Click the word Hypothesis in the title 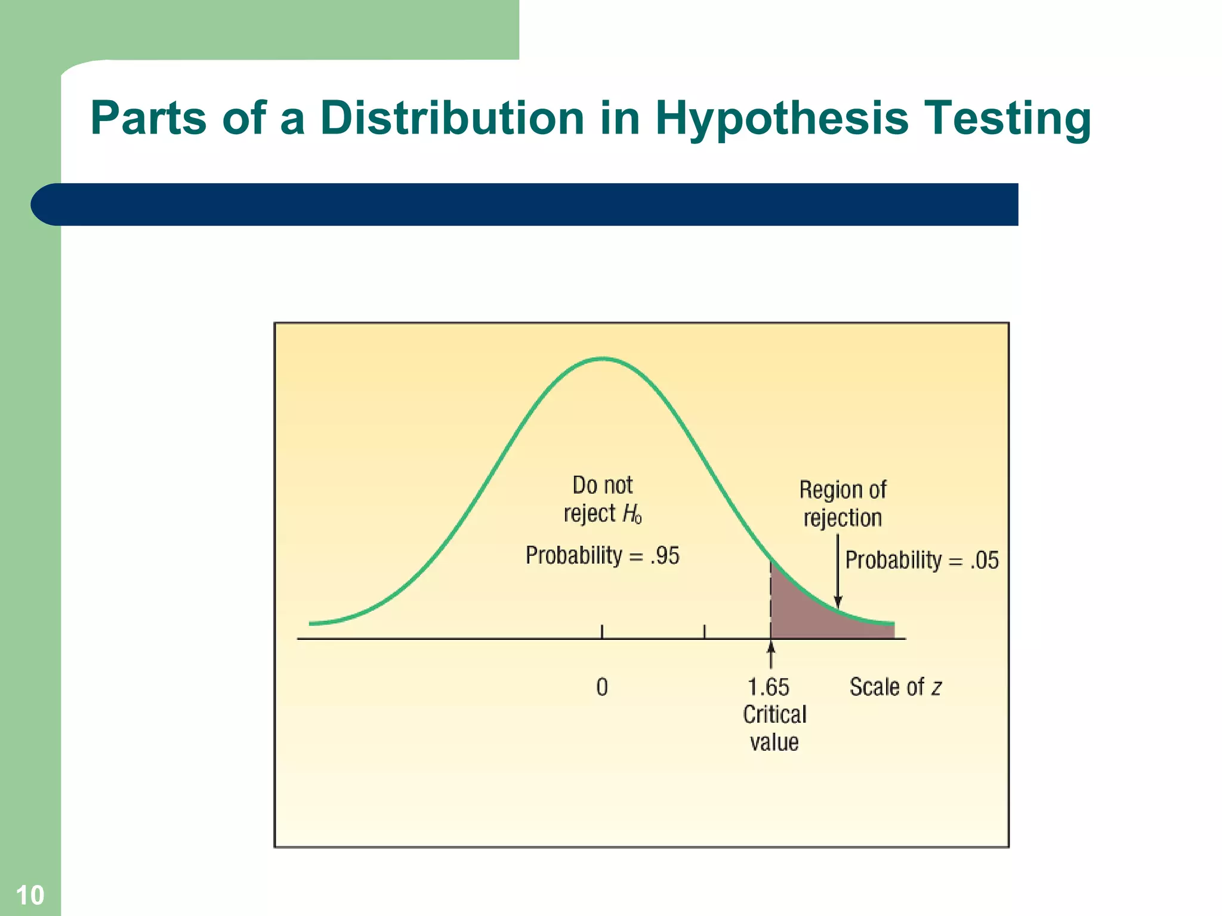(x=781, y=119)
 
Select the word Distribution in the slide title (x=452, y=117)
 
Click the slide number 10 (x=30, y=895)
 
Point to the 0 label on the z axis (x=602, y=687)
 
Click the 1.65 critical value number (x=768, y=687)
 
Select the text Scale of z (x=895, y=687)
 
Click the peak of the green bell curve (x=603, y=359)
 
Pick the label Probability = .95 (x=602, y=555)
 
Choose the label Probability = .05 (x=921, y=560)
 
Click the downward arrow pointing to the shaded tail (x=838, y=572)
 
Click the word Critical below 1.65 (x=774, y=714)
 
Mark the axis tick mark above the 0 (x=602, y=631)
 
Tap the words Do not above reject (x=602, y=485)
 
